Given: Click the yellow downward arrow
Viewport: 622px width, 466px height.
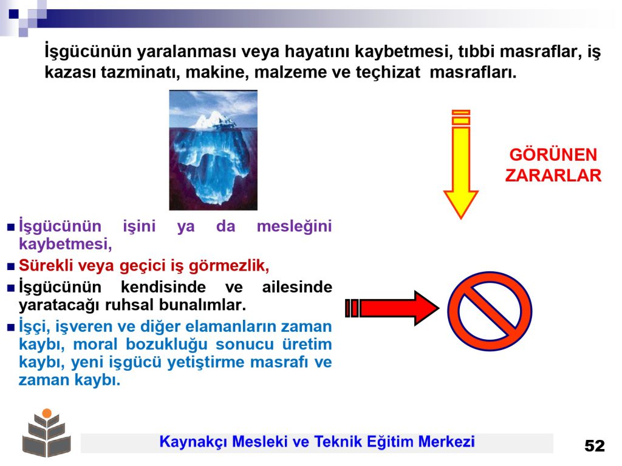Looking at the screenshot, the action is coord(460,164).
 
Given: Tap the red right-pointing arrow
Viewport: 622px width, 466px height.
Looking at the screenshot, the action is coord(392,308).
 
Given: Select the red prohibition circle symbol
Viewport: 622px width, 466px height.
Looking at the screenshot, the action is coord(490,311).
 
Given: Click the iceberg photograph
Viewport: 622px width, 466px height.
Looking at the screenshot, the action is coord(213,150).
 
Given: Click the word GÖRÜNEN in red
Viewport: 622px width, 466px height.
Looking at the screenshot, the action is coord(553,155).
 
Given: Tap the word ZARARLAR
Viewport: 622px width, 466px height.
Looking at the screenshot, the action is coord(553,175).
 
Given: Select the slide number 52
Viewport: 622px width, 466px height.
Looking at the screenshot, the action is coord(594,446).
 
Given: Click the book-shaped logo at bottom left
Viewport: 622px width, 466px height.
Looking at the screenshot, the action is coord(47,433).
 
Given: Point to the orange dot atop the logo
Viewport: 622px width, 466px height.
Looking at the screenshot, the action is coord(47,413).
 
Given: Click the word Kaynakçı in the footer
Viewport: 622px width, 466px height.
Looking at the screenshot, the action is coord(193,442).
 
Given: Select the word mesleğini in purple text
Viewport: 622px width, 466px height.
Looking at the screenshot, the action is coord(294,227).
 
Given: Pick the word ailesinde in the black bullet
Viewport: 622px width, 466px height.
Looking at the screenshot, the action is coord(297,286).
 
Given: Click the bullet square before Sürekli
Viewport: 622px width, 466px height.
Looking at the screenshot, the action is coord(11,267).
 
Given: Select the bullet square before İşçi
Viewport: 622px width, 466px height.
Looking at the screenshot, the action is coord(11,328).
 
